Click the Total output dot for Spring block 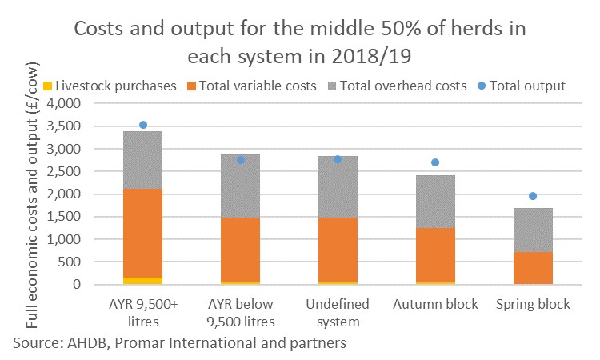click(x=532, y=196)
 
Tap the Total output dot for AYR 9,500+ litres click(x=143, y=125)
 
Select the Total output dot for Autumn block click(x=435, y=162)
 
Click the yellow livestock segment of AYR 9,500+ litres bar click(x=143, y=281)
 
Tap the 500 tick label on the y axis click(x=78, y=262)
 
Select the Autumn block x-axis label click(x=435, y=305)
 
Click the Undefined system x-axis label click(x=338, y=313)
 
